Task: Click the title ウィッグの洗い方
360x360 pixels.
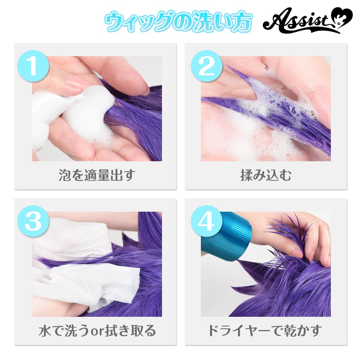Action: pos(178,23)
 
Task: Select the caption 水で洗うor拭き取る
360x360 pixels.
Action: pos(97,330)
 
